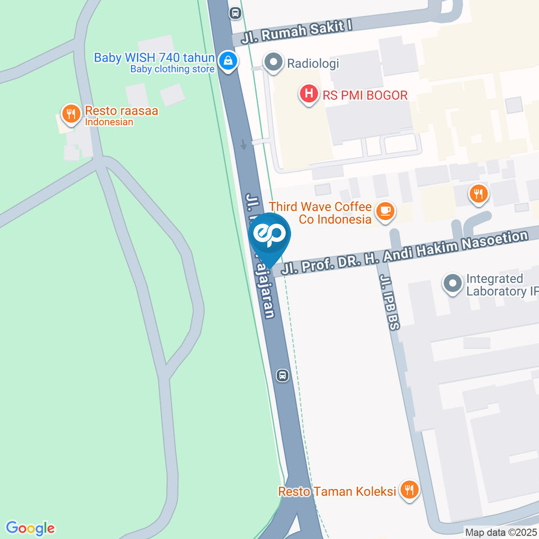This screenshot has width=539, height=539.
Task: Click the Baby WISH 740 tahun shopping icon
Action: [227, 61]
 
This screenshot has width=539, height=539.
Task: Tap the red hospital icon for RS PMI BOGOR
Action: [308, 94]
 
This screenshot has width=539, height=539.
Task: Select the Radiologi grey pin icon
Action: [273, 62]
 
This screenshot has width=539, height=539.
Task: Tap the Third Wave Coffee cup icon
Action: [385, 211]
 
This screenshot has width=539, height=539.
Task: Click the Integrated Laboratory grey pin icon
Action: [453, 284]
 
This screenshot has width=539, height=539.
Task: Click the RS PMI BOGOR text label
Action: [365, 95]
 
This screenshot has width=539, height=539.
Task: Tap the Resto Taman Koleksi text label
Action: [337, 492]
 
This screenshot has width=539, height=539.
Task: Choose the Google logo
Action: [30, 528]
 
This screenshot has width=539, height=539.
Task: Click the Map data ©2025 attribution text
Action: [501, 532]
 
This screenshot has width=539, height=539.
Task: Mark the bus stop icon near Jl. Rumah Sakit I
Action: [235, 12]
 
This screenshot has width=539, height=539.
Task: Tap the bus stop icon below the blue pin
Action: [282, 375]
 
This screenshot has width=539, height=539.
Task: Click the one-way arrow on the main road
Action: [244, 144]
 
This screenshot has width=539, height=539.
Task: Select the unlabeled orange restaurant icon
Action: [478, 194]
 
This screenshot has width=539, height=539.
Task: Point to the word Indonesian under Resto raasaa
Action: [109, 122]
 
